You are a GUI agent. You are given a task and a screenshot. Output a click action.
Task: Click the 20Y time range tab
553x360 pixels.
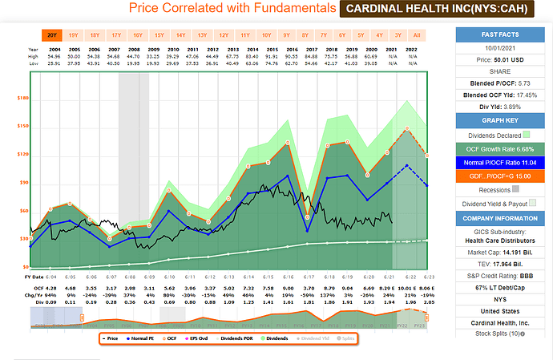(51, 35)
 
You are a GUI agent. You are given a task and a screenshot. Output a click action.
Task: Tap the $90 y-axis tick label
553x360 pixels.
(23, 183)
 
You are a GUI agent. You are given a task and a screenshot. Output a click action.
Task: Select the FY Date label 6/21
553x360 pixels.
(390, 275)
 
